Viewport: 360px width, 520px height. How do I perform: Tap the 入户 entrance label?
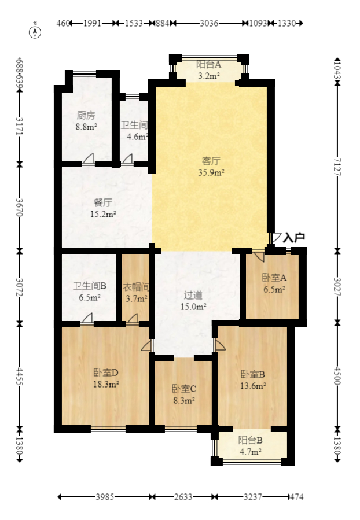tap(294, 237)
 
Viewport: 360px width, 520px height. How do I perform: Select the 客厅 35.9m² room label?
tap(211, 167)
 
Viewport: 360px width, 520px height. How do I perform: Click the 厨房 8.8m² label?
tap(86, 121)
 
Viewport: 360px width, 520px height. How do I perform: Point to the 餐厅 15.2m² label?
tap(103, 208)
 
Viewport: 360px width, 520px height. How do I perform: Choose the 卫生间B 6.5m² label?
tap(90, 292)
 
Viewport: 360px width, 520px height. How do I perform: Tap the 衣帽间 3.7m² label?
tap(137, 293)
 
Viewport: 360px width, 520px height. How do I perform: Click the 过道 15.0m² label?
tap(193, 301)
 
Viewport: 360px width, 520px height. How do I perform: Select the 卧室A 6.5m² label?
tap(274, 283)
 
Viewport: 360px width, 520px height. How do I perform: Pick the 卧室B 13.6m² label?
tap(253, 380)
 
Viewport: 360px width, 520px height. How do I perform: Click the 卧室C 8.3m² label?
tap(184, 394)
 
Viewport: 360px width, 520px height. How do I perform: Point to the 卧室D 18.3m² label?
tap(106, 378)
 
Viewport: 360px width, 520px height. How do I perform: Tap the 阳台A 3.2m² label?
tap(209, 69)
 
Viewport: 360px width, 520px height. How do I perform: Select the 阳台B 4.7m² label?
tap(251, 446)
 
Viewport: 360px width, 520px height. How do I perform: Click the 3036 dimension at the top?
tap(209, 23)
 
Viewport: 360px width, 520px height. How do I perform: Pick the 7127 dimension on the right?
tap(337, 167)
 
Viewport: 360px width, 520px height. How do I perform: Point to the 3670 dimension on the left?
tap(20, 207)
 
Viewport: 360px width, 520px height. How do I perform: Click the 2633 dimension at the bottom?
tap(183, 497)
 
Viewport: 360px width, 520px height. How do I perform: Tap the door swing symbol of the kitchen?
tap(88, 158)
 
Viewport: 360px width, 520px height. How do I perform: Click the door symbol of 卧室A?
tap(259, 255)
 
